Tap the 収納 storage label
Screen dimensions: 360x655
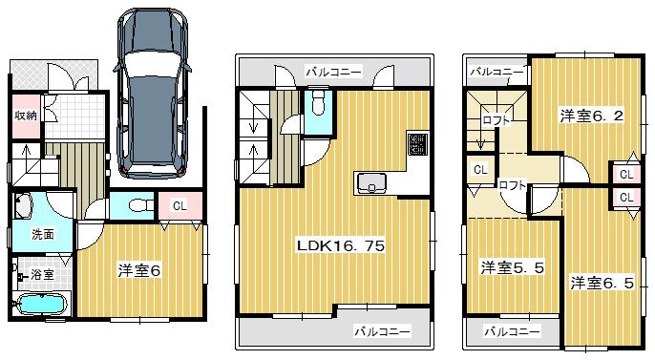[x=25, y=116]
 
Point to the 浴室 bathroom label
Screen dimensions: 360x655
[x=43, y=275]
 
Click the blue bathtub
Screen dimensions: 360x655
[x=41, y=306]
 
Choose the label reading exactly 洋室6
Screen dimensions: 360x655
[x=138, y=270]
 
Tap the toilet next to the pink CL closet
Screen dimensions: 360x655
[x=136, y=204]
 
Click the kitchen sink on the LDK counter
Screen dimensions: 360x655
[x=370, y=181]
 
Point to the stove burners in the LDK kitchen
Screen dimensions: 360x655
[x=418, y=144]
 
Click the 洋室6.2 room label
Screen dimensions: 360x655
[x=591, y=116]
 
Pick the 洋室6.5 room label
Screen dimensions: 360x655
[x=602, y=283]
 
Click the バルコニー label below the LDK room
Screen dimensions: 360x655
[x=383, y=331]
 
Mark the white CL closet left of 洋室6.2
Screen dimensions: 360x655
[x=479, y=170]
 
